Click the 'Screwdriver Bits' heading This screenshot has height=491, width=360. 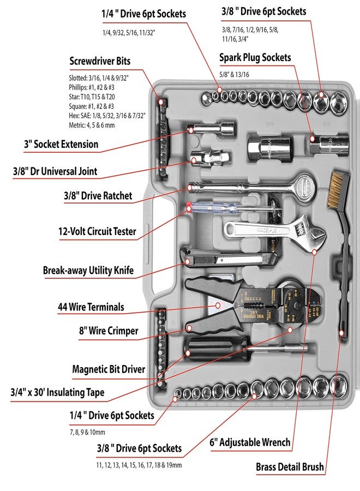[x=100, y=61]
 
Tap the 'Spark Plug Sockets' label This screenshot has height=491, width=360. [x=255, y=57]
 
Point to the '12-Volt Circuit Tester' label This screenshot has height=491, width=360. [x=97, y=231]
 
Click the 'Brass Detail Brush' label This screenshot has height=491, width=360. [x=290, y=467]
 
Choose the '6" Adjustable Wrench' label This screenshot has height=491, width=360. [x=250, y=442]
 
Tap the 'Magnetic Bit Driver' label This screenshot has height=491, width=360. [x=109, y=369]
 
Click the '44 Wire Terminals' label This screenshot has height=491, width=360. [x=91, y=307]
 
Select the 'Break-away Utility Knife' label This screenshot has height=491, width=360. [x=88, y=270]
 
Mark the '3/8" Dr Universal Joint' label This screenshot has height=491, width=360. [x=55, y=171]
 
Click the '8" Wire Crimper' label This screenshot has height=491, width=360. [x=109, y=331]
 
